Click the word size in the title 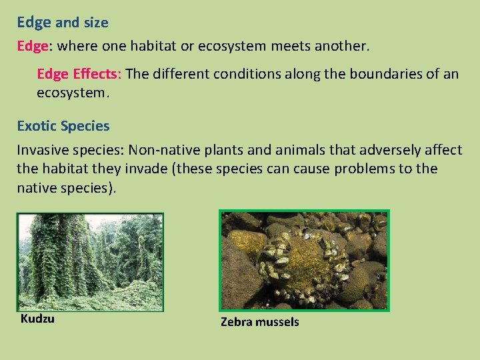coord(96,23)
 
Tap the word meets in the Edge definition coord(295,47)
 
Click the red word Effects coord(97,74)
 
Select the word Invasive coord(43,151)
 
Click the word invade coord(145,169)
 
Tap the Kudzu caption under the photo coord(37,319)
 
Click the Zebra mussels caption coord(260,323)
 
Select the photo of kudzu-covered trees coord(90,262)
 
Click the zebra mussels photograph coord(304,261)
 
